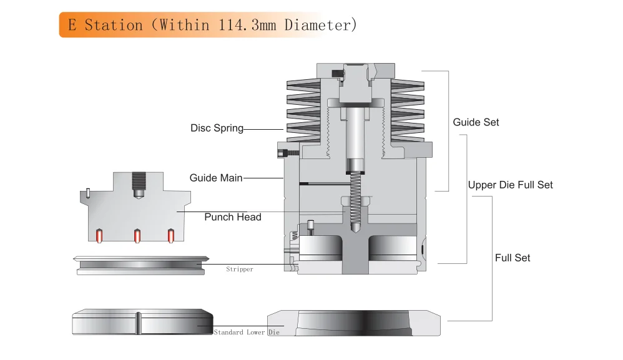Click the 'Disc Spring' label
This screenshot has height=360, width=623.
point(217,129)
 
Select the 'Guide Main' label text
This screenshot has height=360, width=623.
point(216,178)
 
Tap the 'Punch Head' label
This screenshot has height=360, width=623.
point(233,217)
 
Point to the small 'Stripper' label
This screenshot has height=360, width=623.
point(240,270)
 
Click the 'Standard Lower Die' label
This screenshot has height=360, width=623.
point(247,333)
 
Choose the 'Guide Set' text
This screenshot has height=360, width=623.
point(476,122)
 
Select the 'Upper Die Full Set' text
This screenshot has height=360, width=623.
point(510,185)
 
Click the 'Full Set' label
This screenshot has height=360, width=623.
point(513,258)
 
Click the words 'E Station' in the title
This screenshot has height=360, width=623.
point(105,25)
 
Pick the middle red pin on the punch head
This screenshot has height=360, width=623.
point(137,236)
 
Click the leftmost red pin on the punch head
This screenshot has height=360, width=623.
point(98,236)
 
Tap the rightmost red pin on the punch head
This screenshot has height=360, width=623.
point(170,236)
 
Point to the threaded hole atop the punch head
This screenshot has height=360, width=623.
point(138,183)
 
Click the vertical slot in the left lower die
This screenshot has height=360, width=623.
point(137,323)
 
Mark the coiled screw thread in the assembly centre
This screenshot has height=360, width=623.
point(355,197)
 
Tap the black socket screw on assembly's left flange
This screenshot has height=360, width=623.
point(287,150)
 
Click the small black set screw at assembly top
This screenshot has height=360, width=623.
point(338,74)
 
